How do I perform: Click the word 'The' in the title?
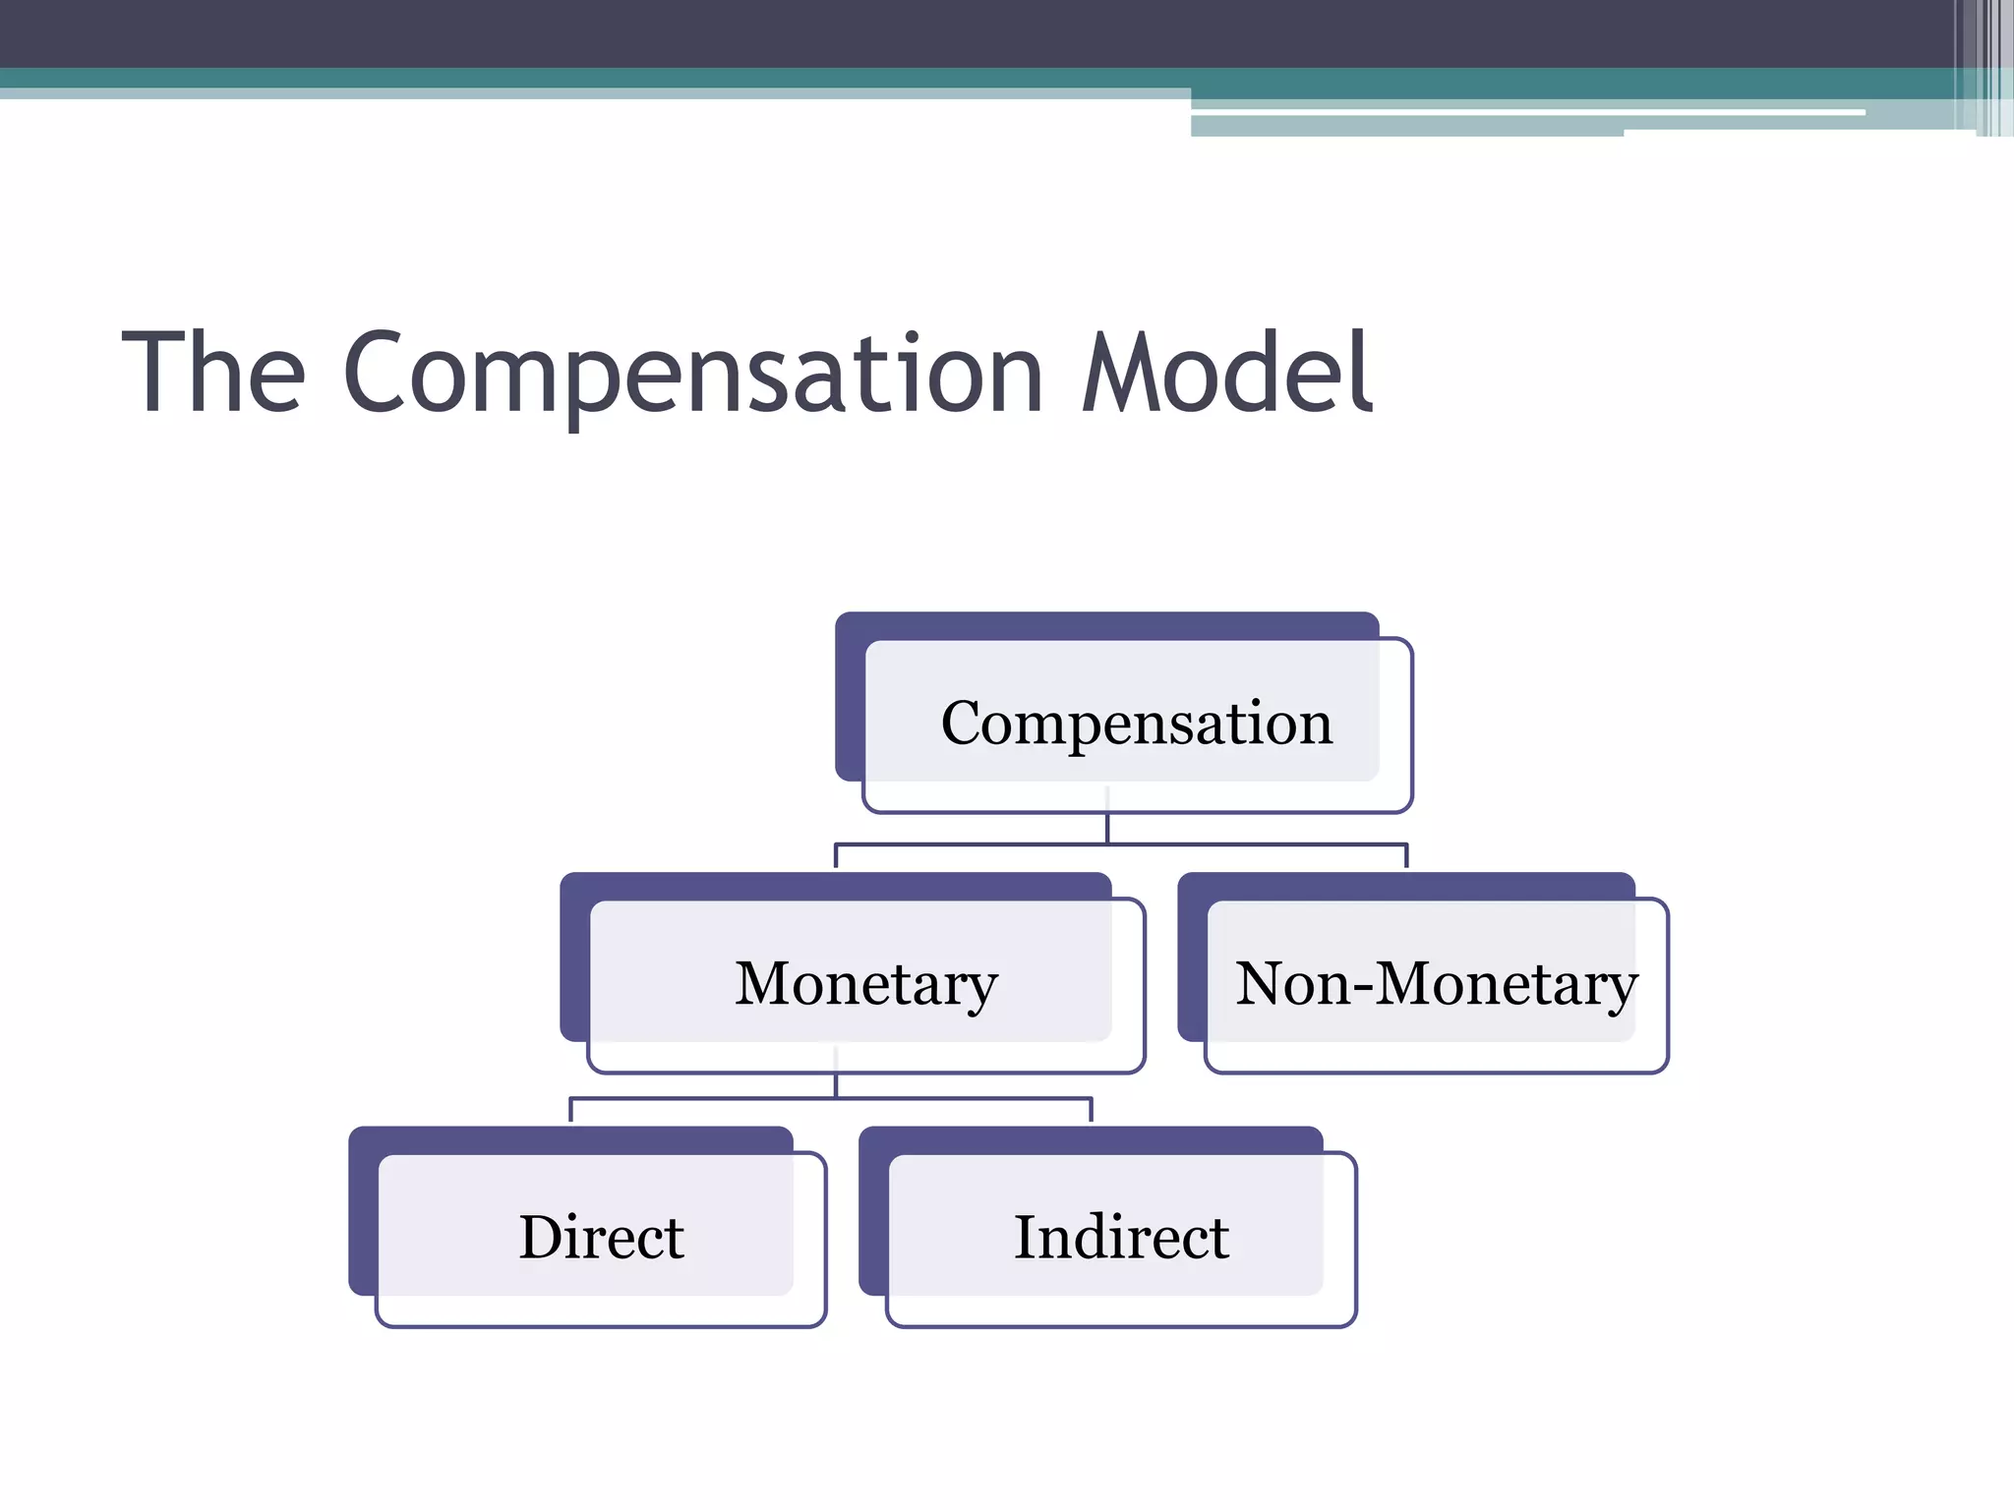pyautogui.click(x=213, y=374)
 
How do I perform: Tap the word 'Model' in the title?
pyautogui.click(x=1225, y=374)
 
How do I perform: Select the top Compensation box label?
pyautogui.click(x=1136, y=724)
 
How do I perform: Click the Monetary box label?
pyautogui.click(x=866, y=984)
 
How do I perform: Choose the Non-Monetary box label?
pyautogui.click(x=1436, y=984)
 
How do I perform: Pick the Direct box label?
pyautogui.click(x=601, y=1238)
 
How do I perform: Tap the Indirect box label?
pyautogui.click(x=1121, y=1238)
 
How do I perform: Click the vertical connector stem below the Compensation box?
pyautogui.click(x=1107, y=829)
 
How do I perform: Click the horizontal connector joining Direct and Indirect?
pyautogui.click(x=708, y=1098)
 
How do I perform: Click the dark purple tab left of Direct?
pyautogui.click(x=363, y=1219)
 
